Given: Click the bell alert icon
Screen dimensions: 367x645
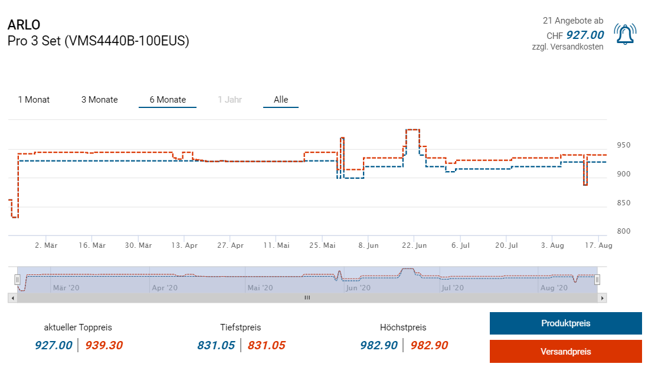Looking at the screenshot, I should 625,34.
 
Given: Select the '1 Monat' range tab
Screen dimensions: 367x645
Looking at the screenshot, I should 34,100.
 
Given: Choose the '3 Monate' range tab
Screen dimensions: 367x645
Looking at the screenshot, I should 99,100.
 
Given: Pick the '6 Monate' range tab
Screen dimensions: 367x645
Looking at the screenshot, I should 168,100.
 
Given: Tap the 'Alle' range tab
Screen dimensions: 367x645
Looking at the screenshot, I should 281,100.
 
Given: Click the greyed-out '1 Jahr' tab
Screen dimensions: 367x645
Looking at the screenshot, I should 230,100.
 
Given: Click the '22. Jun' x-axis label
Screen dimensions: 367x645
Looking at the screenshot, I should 414,245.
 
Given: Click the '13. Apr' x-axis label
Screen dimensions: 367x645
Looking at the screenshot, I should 184,245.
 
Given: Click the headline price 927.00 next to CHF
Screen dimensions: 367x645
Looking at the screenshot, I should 585,35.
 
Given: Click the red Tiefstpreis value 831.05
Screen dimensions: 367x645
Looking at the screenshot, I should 266,345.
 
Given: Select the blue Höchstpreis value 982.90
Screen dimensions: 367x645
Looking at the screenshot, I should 378,345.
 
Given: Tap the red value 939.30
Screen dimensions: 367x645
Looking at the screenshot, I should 104,345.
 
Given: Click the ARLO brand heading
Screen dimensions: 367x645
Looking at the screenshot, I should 24,25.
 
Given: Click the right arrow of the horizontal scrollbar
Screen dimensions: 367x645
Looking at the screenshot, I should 602,298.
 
